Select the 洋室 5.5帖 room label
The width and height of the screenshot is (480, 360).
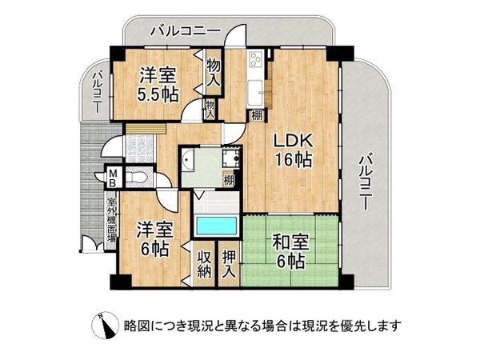tap(158, 83)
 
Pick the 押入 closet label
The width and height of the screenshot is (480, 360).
tap(229, 265)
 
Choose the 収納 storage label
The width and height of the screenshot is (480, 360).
tap(203, 265)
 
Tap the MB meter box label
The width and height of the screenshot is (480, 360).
tap(114, 176)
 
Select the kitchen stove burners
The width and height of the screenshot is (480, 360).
tap(257, 61)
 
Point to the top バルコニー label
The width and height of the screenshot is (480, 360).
tap(186, 31)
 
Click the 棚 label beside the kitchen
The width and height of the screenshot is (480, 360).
tap(256, 116)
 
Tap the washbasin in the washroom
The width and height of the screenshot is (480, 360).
tap(189, 161)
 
